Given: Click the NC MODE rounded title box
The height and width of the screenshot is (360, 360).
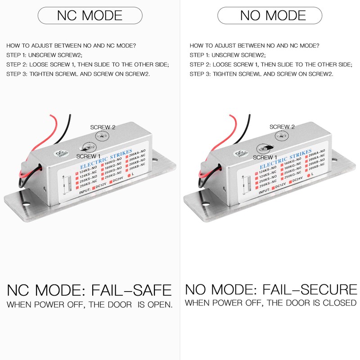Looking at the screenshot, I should (x=90, y=15).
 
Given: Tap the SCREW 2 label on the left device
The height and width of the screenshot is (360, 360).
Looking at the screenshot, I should (x=103, y=127).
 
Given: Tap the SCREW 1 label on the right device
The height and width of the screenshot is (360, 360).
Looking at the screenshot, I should (x=265, y=157).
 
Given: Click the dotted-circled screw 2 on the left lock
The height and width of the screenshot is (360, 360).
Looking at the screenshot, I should (x=104, y=135).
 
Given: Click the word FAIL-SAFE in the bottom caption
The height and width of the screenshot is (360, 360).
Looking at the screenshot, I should (x=132, y=290).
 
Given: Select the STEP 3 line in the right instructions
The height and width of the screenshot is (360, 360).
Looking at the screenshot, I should (x=261, y=74).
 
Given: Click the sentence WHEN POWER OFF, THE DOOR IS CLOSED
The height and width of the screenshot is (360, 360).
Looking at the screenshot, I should (x=270, y=303).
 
